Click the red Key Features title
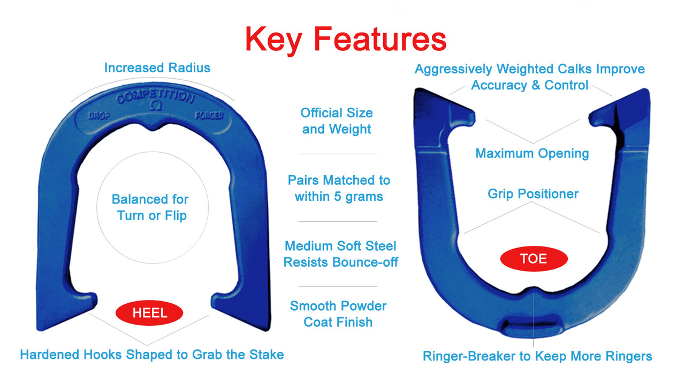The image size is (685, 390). (x=345, y=39)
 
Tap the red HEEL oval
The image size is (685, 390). (x=150, y=313)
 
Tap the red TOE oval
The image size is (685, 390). (x=534, y=259)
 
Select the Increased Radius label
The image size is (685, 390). (x=157, y=68)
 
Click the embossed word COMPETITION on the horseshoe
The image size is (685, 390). (x=155, y=96)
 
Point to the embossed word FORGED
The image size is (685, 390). (x=209, y=116)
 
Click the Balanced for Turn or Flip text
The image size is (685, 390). (x=150, y=208)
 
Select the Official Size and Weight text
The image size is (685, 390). (x=337, y=121)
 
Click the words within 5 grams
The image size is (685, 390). (x=339, y=196)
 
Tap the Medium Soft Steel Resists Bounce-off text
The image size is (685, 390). (x=340, y=254)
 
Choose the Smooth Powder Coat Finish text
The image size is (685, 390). (x=338, y=314)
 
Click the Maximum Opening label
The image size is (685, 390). (x=532, y=154)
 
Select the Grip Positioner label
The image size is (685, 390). (x=533, y=194)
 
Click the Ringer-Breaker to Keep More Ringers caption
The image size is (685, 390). (x=537, y=356)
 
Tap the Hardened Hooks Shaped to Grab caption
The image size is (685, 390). (x=151, y=355)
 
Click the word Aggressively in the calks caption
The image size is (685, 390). (x=454, y=69)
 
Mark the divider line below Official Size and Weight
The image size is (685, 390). (x=338, y=154)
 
